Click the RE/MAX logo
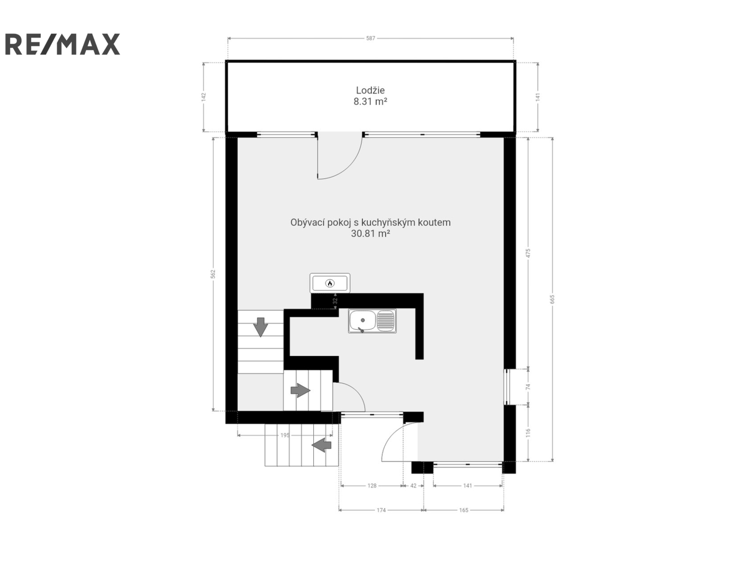tap(62, 44)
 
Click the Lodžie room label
tap(370, 90)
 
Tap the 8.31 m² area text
tap(370, 102)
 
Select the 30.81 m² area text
tap(370, 234)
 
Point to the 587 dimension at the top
tap(370, 38)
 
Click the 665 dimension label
tap(553, 299)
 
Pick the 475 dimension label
tap(528, 253)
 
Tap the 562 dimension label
tap(213, 274)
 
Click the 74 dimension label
tap(528, 386)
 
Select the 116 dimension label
tap(528, 432)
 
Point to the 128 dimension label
tap(372, 485)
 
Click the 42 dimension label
tap(413, 485)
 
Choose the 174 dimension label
tap(381, 510)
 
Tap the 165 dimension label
tap(464, 510)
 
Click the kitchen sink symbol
tap(372, 321)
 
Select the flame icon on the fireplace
tap(330, 283)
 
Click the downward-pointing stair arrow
tap(261, 327)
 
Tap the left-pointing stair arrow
tap(321, 445)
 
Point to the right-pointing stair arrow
tap(300, 390)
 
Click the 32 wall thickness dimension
tap(335, 301)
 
